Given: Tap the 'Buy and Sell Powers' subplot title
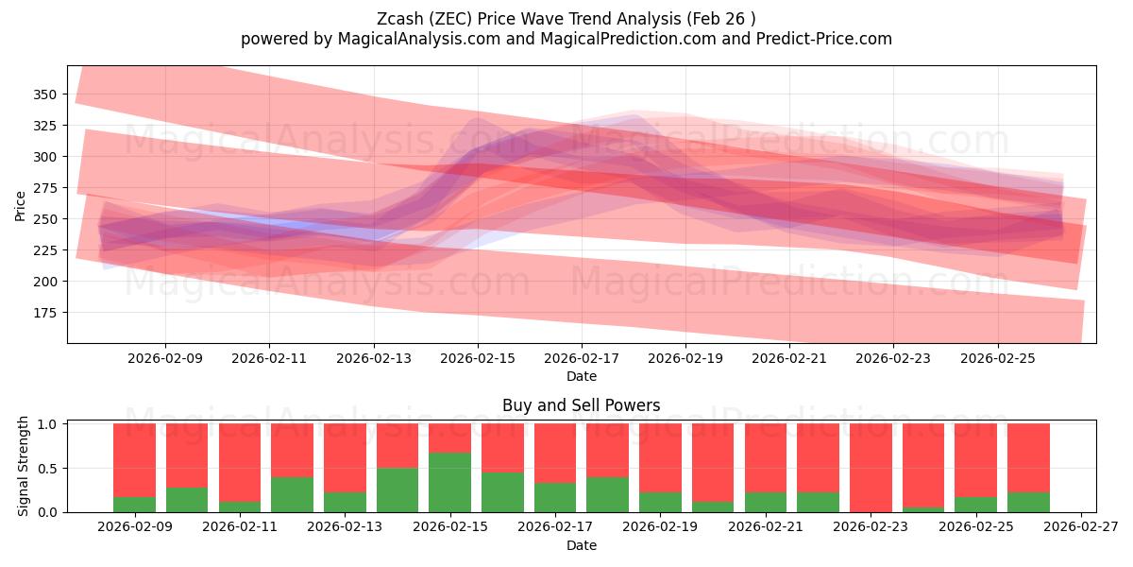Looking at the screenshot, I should click(x=581, y=405).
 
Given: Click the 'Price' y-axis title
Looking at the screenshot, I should click(x=20, y=204).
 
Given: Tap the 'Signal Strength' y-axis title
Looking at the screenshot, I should click(x=24, y=467).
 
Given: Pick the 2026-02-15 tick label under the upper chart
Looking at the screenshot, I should click(x=478, y=358).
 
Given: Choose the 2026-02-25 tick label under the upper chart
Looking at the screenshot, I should click(x=998, y=358).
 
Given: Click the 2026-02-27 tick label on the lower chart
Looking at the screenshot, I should click(x=1078, y=527).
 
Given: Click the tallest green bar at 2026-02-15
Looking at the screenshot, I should click(x=449, y=483).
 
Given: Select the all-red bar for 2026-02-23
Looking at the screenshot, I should click(x=871, y=468).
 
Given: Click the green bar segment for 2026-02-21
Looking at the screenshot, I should click(x=765, y=503).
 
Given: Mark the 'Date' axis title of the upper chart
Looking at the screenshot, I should click(x=581, y=376).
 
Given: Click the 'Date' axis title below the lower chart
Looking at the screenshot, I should click(x=581, y=545).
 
